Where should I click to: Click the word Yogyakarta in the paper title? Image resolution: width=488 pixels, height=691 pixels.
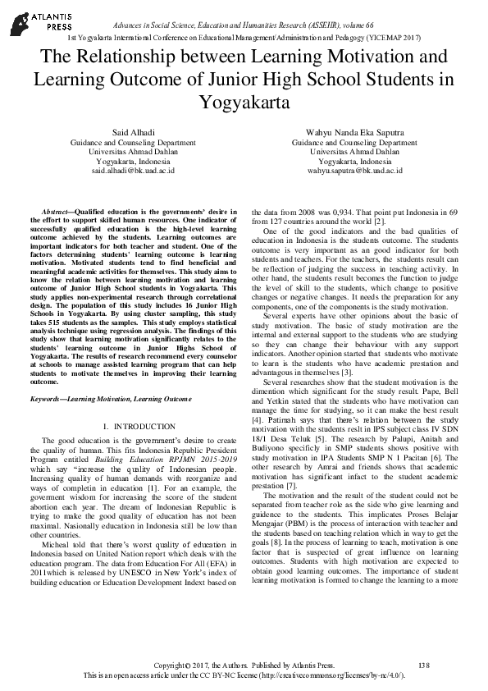pyautogui.click(x=244, y=103)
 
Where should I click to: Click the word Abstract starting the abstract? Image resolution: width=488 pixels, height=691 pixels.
pyautogui.click(x=56, y=213)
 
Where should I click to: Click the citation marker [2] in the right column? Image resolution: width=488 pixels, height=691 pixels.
pyautogui.click(x=379, y=222)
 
